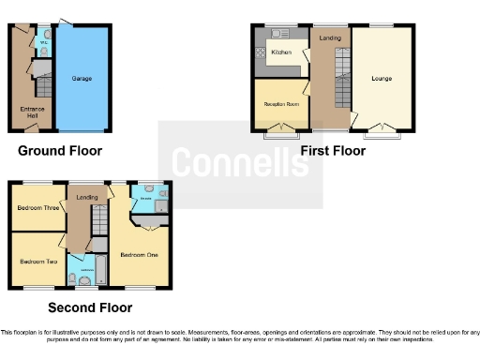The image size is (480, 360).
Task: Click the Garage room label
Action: coord(82,79)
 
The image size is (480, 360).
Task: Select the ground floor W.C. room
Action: coord(43,41)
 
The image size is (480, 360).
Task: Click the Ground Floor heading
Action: coord(60,150)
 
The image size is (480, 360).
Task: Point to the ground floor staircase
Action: coord(42,90)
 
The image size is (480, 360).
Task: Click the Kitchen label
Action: coord(281,53)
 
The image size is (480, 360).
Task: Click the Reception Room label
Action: coord(280,104)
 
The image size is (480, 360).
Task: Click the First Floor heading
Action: coord(333,150)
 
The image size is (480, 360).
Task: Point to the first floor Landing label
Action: coord(329,38)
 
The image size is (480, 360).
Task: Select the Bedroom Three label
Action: coord(38,209)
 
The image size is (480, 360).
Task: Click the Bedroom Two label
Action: coord(38,262)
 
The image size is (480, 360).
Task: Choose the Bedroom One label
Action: coord(138,254)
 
